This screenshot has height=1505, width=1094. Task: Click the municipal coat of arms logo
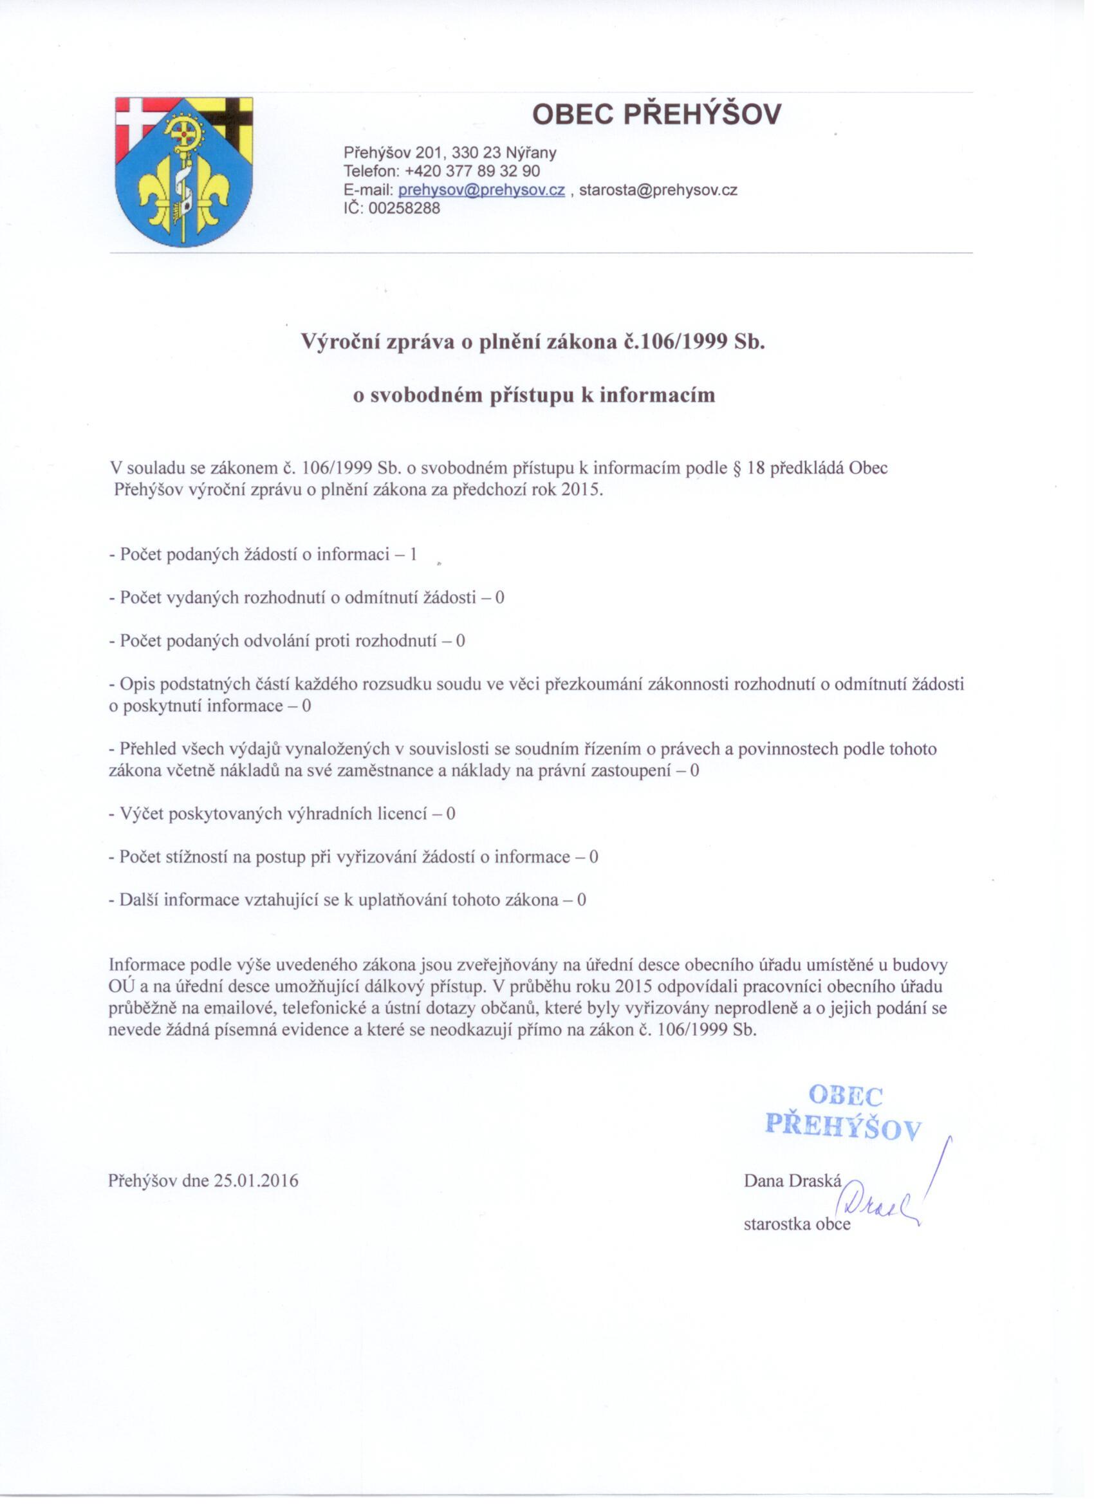(185, 173)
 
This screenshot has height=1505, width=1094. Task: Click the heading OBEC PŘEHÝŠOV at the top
(657, 115)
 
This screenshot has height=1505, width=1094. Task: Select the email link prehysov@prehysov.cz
(481, 191)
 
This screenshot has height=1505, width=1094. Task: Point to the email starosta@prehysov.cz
(658, 191)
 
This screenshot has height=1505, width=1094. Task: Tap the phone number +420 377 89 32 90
(472, 171)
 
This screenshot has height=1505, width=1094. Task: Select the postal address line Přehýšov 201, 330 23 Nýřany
(450, 153)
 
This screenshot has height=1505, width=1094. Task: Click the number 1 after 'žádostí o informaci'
(413, 555)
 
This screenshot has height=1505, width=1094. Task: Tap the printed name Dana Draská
(792, 1181)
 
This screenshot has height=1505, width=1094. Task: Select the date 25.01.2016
(256, 1181)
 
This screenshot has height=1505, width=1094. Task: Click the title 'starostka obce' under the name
(797, 1224)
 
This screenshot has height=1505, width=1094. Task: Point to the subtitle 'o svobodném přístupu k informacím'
(534, 395)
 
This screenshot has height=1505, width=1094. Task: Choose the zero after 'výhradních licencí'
(451, 814)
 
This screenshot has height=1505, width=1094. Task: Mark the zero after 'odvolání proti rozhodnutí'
(460, 642)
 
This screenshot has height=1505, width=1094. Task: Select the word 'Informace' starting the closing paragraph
(147, 965)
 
